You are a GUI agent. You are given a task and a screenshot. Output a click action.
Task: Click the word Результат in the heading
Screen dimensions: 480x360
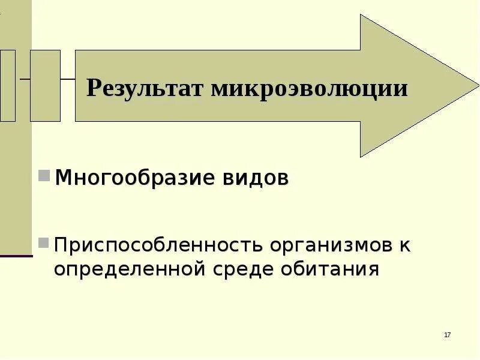pyautogui.click(x=145, y=89)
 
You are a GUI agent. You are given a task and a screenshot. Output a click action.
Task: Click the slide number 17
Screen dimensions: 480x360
pyautogui.click(x=448, y=334)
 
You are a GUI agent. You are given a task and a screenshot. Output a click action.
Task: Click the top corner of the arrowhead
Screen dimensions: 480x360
pyautogui.click(x=361, y=16)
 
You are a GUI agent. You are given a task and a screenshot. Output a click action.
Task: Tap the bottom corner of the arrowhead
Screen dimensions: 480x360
pyautogui.click(x=361, y=156)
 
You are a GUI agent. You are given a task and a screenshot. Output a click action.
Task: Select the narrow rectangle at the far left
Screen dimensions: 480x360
pyautogui.click(x=8, y=86)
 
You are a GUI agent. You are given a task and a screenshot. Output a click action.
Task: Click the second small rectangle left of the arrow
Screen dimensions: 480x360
pyautogui.click(x=45, y=86)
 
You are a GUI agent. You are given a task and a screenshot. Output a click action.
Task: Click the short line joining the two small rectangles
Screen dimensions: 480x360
pyautogui.click(x=25, y=79)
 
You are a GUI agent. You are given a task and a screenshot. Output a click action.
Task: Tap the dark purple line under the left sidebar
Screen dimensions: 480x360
pyautogui.click(x=16, y=256)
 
